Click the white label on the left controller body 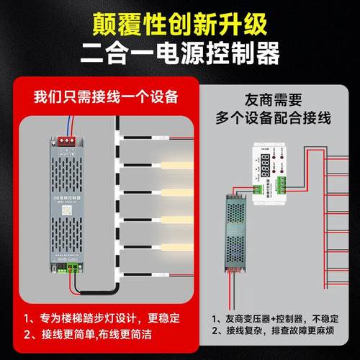71,198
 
